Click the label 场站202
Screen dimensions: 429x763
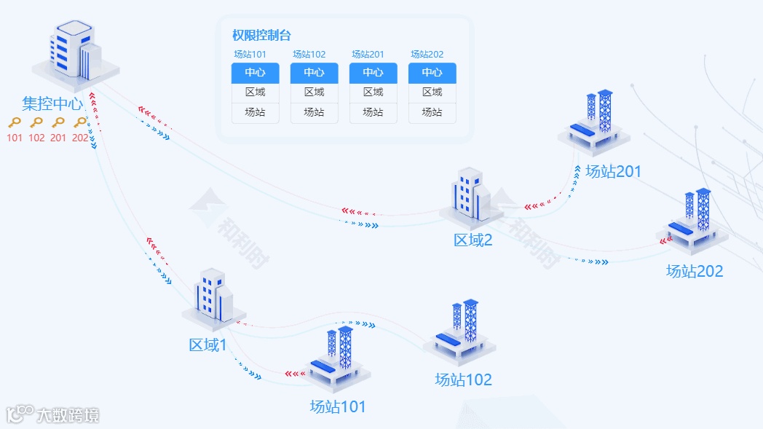(695, 271)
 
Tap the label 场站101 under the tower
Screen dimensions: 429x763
(338, 406)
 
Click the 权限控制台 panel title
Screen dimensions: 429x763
(261, 35)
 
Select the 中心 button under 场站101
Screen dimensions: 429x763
(255, 73)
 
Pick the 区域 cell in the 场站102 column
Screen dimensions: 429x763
(314, 93)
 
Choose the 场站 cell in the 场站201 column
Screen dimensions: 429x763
(373, 112)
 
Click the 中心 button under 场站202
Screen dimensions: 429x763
(432, 73)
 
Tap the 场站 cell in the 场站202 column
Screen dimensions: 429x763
(432, 112)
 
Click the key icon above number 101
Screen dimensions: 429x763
(15, 122)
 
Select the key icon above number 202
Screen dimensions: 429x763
(80, 122)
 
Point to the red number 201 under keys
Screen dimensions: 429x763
(58, 138)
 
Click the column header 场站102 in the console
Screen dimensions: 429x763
(309, 54)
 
